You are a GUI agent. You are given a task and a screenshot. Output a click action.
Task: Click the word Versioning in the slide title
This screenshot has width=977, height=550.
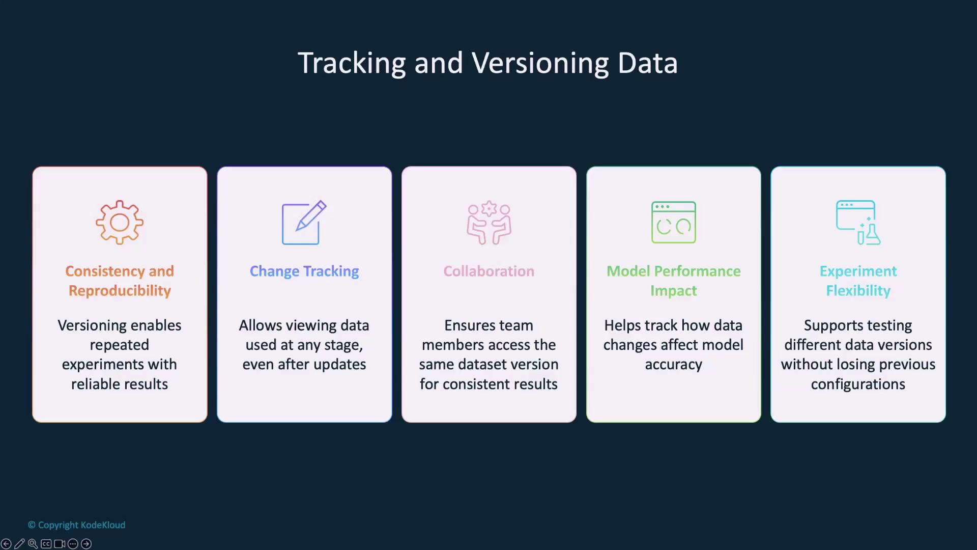click(x=540, y=63)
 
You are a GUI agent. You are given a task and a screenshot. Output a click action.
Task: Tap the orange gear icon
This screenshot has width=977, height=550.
click(x=120, y=223)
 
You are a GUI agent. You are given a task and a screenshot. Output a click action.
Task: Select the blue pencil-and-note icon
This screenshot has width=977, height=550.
click(x=304, y=223)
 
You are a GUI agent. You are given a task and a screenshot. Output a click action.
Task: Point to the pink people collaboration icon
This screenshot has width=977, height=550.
click(x=489, y=223)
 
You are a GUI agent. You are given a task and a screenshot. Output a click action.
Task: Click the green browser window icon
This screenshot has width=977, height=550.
click(x=673, y=223)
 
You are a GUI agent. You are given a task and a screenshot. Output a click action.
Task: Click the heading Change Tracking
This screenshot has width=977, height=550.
click(x=304, y=271)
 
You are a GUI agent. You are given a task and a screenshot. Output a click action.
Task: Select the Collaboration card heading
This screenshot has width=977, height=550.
click(x=489, y=271)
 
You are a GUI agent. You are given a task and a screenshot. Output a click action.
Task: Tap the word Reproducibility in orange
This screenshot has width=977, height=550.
click(x=120, y=291)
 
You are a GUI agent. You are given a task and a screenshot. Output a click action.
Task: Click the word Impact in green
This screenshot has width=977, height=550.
click(x=673, y=291)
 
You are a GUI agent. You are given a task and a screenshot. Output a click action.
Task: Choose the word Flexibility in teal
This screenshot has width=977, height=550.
click(x=858, y=291)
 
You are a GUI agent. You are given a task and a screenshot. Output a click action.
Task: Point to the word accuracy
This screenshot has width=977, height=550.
click(x=673, y=365)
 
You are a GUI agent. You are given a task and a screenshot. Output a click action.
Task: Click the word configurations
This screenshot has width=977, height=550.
click(x=858, y=384)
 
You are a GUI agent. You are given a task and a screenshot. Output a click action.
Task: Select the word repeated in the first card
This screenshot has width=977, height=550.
click(x=120, y=345)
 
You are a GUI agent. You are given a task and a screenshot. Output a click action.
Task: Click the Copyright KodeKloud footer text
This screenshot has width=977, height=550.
click(x=77, y=525)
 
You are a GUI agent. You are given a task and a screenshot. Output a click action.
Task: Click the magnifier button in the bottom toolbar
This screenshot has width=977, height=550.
click(x=33, y=544)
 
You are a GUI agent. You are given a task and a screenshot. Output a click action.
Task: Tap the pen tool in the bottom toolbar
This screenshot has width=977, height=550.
click(x=19, y=544)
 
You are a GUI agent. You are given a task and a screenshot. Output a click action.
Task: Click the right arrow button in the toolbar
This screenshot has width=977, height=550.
click(x=87, y=544)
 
